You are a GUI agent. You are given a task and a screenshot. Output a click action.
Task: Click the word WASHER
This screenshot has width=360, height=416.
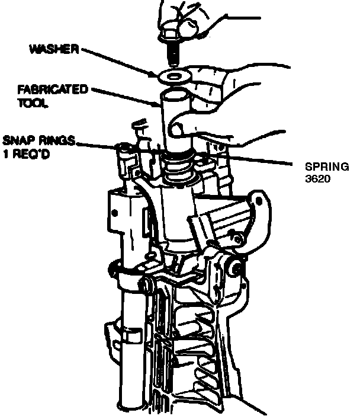tap(54, 48)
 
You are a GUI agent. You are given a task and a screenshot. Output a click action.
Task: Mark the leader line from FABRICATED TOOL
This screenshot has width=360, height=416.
tap(124, 98)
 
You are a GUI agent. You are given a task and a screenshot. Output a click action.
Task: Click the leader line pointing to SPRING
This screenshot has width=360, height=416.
tap(255, 159)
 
